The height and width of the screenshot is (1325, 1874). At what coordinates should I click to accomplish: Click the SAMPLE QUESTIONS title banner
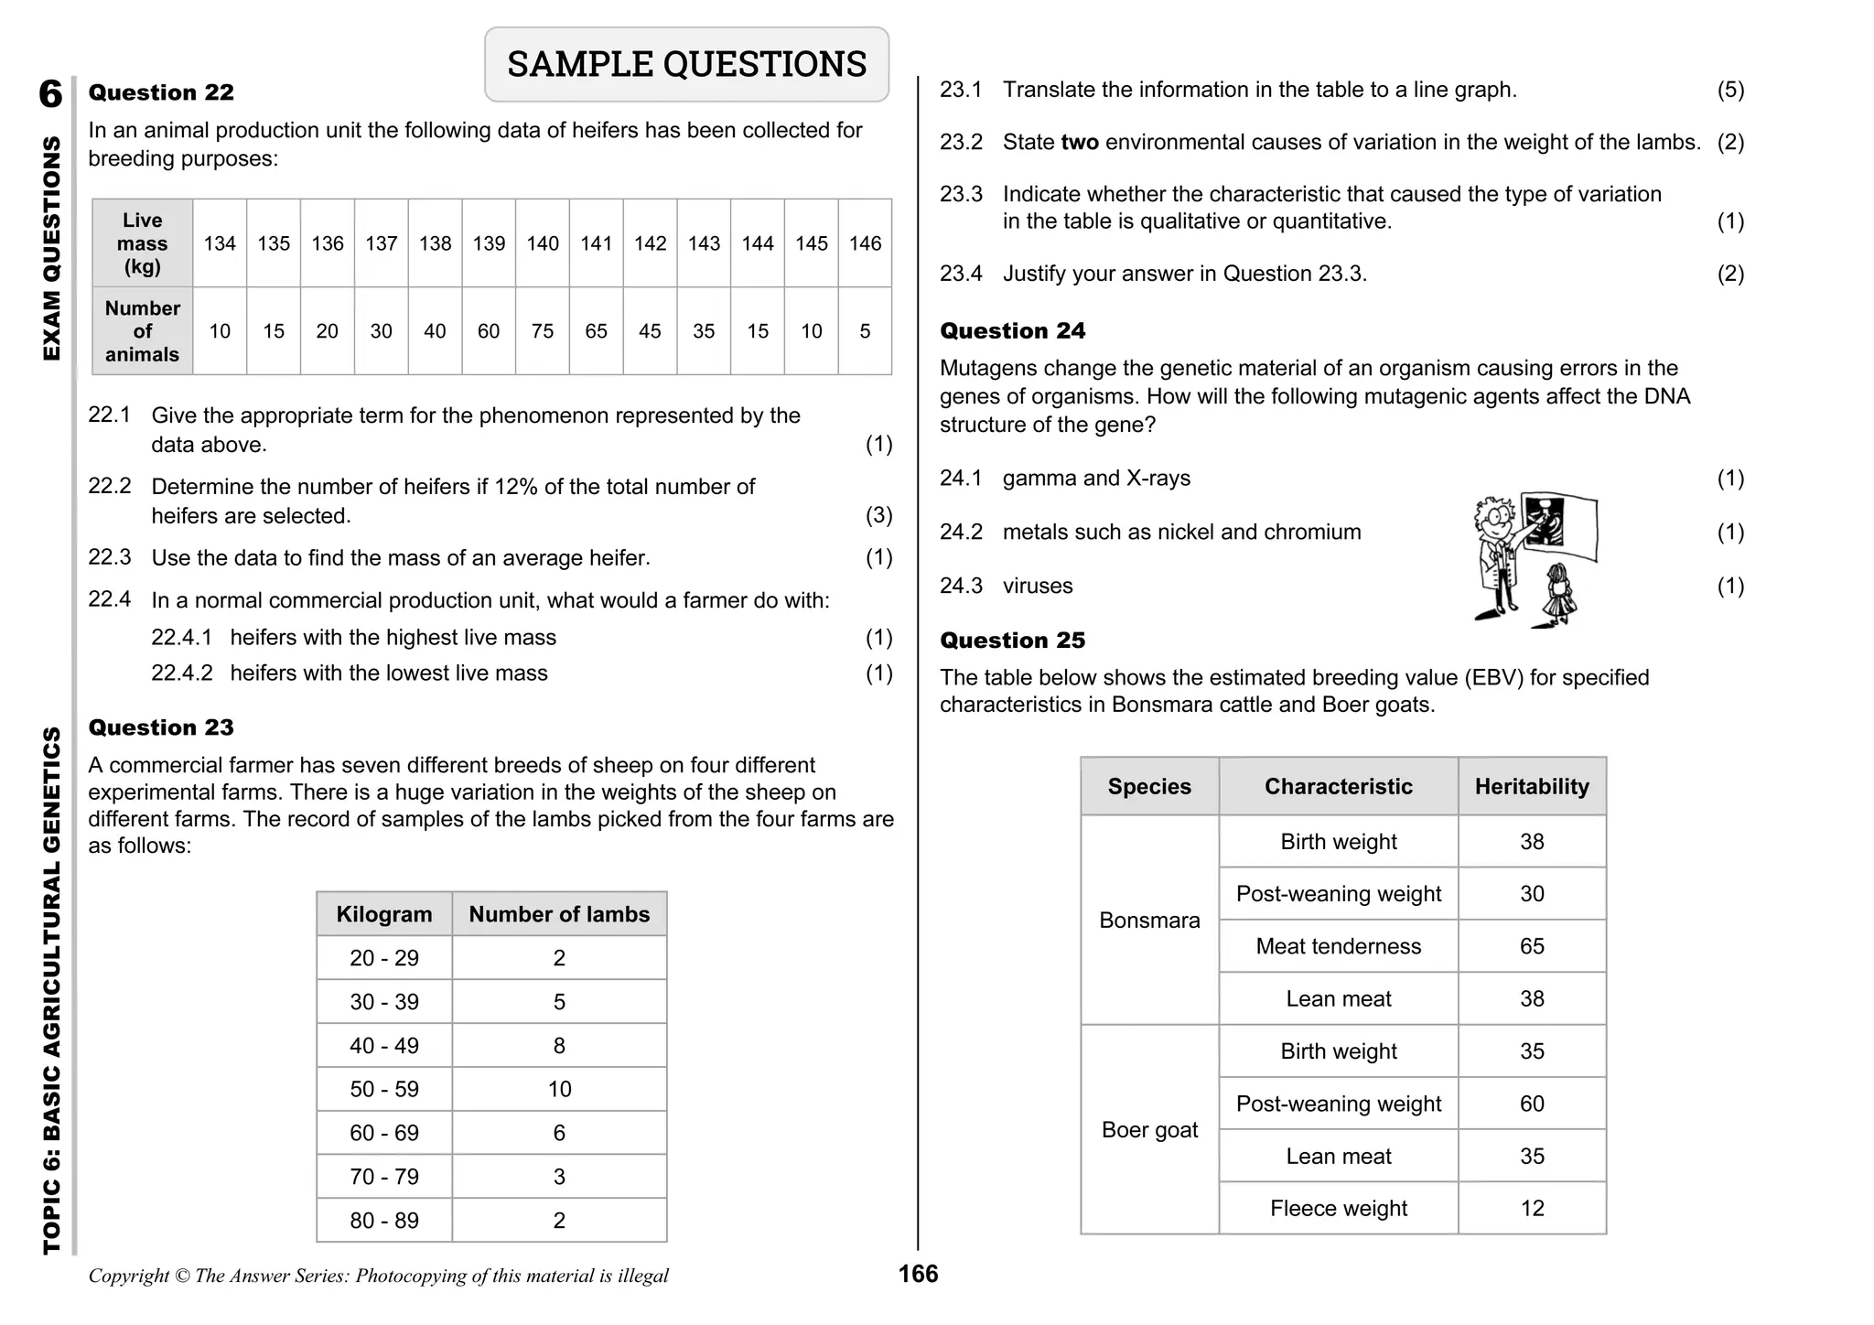[686, 64]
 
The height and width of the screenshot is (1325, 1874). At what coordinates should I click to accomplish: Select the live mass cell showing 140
[543, 243]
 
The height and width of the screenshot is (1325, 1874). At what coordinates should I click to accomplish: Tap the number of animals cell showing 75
[543, 331]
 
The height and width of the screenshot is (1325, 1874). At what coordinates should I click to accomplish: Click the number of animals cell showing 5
[865, 331]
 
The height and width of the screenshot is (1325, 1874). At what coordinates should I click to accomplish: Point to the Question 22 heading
[161, 92]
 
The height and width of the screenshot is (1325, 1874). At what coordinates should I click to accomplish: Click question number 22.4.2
[181, 673]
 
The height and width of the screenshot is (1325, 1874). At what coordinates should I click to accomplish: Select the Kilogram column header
[384, 914]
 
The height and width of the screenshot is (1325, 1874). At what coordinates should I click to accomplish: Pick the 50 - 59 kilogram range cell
[384, 1089]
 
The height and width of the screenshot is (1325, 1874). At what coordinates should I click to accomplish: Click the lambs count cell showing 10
[559, 1089]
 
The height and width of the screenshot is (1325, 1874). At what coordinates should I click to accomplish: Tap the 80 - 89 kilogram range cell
[384, 1220]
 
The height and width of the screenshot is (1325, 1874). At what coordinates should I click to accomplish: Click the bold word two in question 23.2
[1080, 143]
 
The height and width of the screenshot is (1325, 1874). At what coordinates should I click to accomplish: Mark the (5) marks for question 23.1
[1730, 90]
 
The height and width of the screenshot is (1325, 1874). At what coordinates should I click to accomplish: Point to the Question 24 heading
[1013, 331]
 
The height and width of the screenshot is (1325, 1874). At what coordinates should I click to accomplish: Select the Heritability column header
[1532, 787]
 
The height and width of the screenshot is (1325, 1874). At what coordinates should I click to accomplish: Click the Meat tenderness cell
[1338, 946]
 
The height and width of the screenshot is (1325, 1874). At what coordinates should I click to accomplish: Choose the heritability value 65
[1532, 946]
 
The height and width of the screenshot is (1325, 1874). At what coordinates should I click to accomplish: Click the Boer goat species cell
[1149, 1130]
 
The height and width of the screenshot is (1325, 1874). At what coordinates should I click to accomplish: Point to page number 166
[918, 1274]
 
